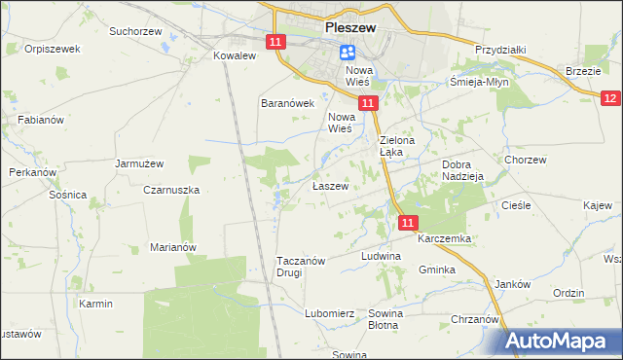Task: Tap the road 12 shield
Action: (x=610, y=98)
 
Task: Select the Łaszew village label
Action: (x=329, y=186)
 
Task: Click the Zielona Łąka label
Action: (x=397, y=146)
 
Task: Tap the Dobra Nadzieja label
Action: (x=463, y=171)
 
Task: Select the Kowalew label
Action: (x=234, y=56)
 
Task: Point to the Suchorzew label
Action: (x=135, y=31)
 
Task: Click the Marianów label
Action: (x=173, y=247)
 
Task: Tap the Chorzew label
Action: (x=524, y=159)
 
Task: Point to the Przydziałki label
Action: (x=500, y=49)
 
